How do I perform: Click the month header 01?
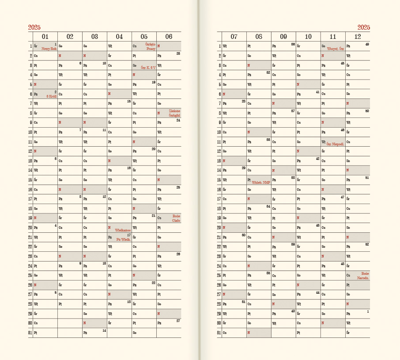(45, 36)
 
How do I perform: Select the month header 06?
(169, 36)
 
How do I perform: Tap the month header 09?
(283, 36)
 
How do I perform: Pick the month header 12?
(358, 36)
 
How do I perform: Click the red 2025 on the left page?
(34, 27)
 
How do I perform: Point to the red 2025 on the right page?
(364, 27)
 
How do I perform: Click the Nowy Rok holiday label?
(49, 49)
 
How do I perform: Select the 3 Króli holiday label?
(51, 96)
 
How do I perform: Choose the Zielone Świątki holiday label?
(174, 113)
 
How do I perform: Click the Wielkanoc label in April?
(122, 230)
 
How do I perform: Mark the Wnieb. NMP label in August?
(261, 182)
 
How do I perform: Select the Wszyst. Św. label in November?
(335, 49)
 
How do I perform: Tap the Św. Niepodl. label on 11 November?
(335, 144)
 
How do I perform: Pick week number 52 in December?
(367, 244)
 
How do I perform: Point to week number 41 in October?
(317, 92)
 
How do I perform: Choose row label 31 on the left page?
(30, 332)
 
